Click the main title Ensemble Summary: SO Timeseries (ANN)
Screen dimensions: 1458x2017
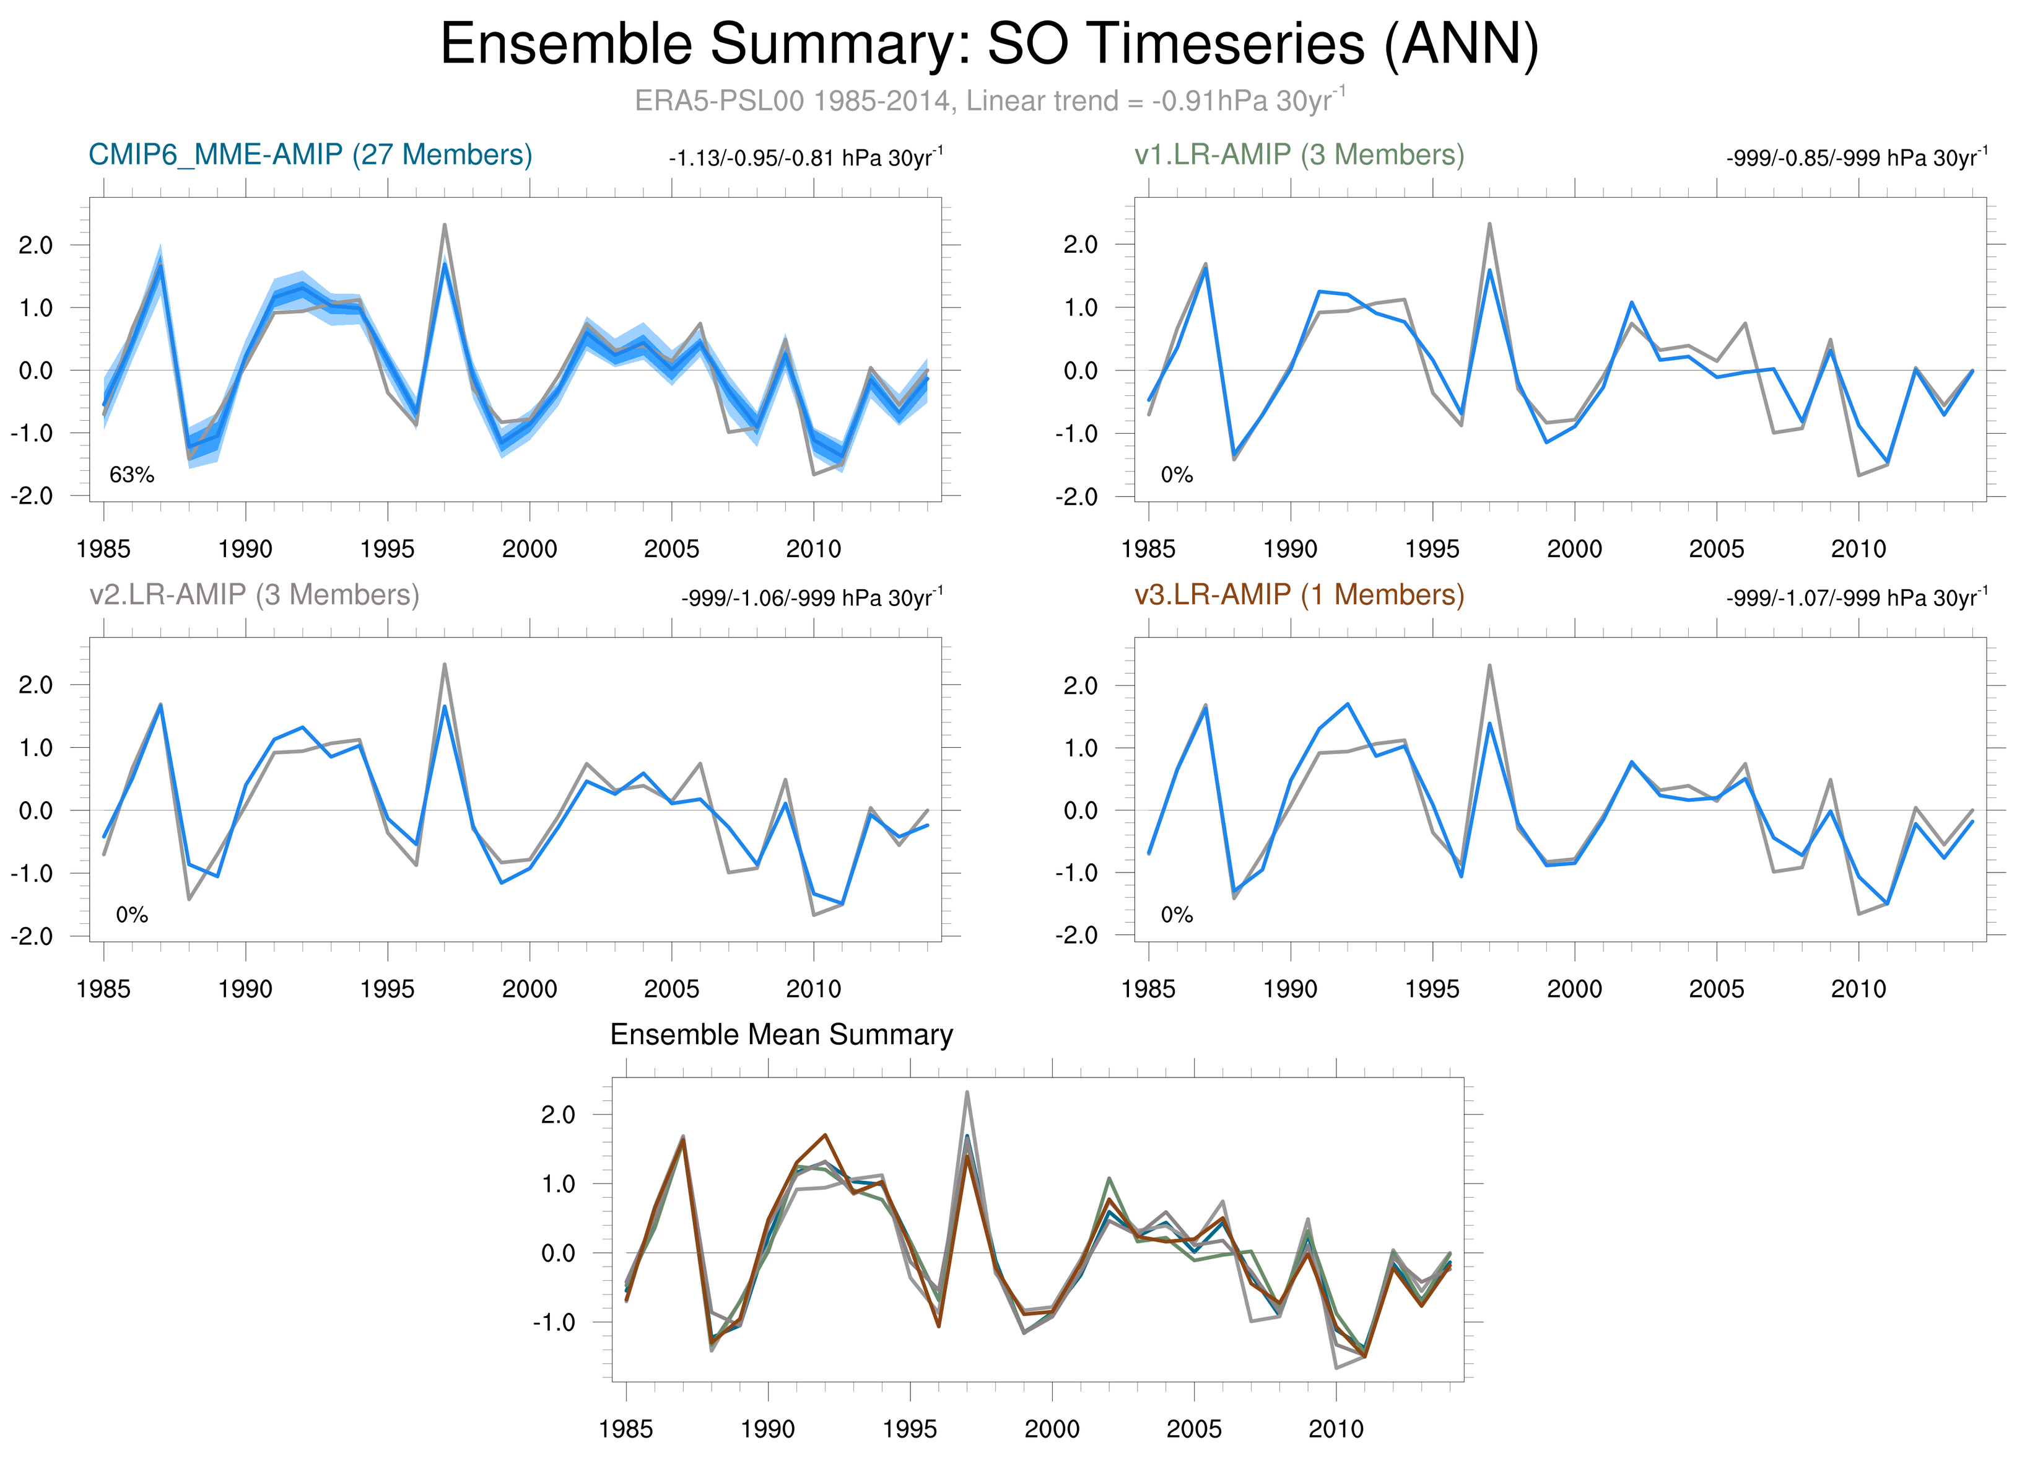point(989,45)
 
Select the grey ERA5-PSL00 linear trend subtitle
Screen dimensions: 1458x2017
point(989,100)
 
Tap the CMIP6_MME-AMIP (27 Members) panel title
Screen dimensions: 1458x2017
point(310,155)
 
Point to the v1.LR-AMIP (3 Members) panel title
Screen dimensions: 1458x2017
point(1299,155)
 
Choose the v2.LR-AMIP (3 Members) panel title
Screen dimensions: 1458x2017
point(255,594)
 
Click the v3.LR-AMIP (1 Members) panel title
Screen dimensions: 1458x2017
point(1299,594)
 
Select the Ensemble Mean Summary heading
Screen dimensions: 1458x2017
point(781,1035)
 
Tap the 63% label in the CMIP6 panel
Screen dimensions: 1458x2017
point(132,475)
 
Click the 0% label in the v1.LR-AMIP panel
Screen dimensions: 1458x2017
point(1177,475)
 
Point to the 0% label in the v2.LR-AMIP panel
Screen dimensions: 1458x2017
point(132,915)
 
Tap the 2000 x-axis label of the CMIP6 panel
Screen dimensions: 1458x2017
point(529,549)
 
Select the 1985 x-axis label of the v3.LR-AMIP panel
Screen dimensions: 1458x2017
point(1148,989)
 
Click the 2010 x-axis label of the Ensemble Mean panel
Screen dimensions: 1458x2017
point(1336,1429)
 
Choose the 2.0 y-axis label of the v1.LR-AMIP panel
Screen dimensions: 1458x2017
point(1081,245)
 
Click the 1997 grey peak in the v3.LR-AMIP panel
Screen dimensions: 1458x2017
point(1489,665)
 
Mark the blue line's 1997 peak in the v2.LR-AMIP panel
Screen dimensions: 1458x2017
point(445,706)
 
